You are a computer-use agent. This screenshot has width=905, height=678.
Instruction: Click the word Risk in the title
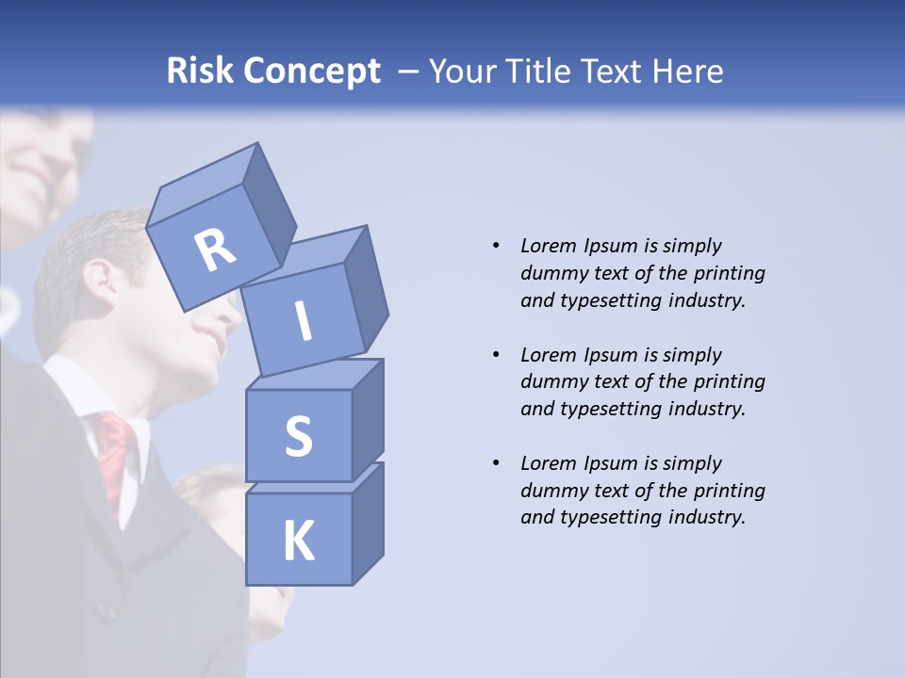[x=200, y=72]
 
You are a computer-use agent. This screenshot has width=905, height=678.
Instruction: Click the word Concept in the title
[x=310, y=73]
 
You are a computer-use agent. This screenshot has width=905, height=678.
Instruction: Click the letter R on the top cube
[x=216, y=250]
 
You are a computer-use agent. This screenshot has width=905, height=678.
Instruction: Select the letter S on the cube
[x=298, y=436]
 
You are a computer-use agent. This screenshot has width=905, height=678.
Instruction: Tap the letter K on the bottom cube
[x=298, y=541]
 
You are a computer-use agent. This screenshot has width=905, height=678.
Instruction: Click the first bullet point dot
[x=496, y=247]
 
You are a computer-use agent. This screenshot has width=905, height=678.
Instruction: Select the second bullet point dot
[x=496, y=355]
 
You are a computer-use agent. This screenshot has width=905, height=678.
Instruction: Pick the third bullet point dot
[x=496, y=463]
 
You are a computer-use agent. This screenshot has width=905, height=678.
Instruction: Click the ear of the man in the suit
[x=97, y=279]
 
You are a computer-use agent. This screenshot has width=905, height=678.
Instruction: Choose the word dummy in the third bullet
[x=552, y=491]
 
